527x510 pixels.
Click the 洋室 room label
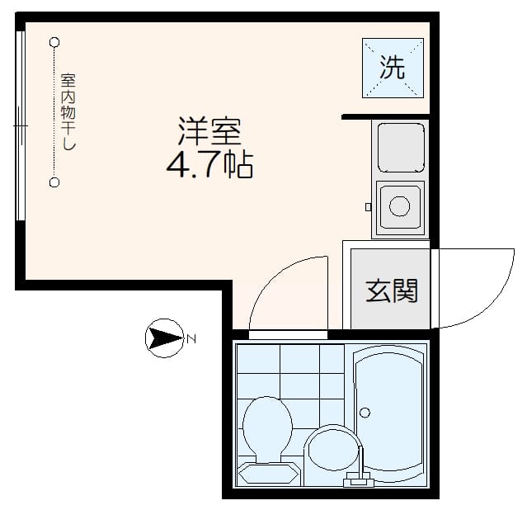[x=210, y=132]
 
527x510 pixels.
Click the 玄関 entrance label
[x=392, y=290]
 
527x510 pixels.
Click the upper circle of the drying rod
[x=54, y=41]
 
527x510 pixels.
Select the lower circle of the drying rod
[x=54, y=182]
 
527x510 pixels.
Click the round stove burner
[x=400, y=205]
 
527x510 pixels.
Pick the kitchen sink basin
[x=400, y=146]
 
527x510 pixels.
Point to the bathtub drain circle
[x=366, y=412]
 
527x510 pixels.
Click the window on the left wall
[x=20, y=128]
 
